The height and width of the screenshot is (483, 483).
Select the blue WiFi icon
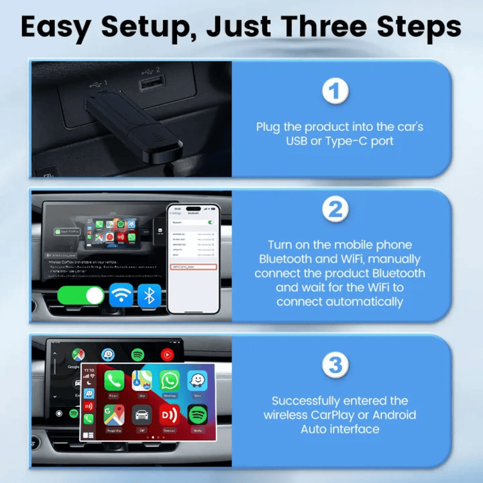[x=121, y=296]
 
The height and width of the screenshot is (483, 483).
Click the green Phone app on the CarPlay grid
[x=113, y=381]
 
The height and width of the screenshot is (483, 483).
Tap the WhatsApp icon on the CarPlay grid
[x=170, y=381]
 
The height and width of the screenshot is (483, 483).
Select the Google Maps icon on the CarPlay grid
[x=113, y=415]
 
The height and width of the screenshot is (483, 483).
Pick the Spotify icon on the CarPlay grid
[x=197, y=415]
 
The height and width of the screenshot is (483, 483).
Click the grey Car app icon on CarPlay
[x=142, y=415]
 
